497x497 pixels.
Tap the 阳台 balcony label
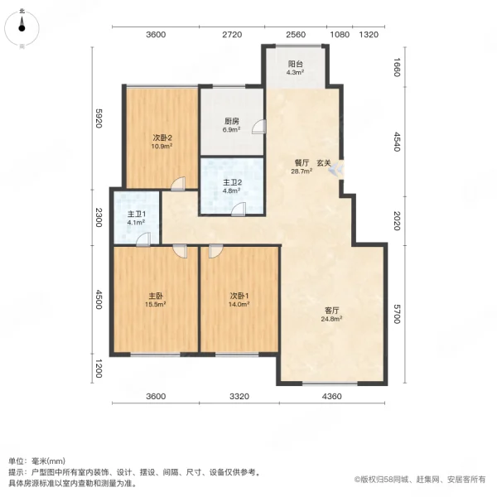tap(295, 63)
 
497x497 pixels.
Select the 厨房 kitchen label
tap(232, 120)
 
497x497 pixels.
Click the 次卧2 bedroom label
tap(161, 138)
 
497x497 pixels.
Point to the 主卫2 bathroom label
tap(232, 183)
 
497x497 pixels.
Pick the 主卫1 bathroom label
tap(137, 215)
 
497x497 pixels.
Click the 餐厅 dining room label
tap(301, 162)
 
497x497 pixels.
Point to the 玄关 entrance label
tap(324, 162)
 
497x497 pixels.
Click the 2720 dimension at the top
tap(231, 35)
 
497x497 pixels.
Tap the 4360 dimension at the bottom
tap(331, 396)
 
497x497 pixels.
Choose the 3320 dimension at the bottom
tap(239, 396)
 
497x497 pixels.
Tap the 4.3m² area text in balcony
tap(295, 72)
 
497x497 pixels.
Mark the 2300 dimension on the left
tap(98, 217)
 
